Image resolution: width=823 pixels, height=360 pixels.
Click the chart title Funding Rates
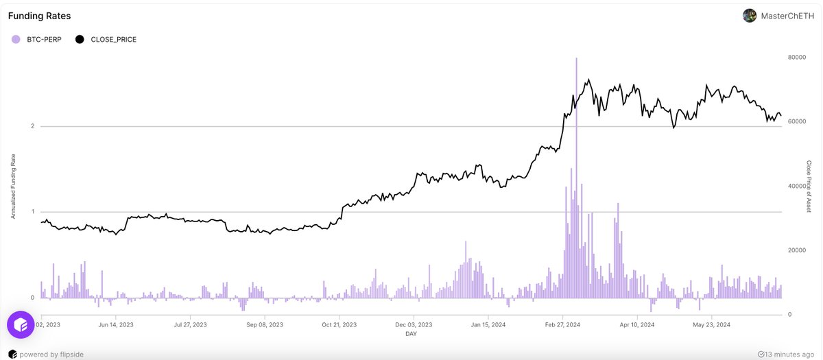(39, 16)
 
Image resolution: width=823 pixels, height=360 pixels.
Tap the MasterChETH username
(788, 16)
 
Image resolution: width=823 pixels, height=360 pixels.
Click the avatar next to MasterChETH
(750, 16)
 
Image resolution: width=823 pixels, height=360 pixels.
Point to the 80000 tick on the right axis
(796, 58)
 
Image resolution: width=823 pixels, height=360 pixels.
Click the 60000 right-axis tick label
(796, 122)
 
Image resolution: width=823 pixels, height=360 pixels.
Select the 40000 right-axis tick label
(796, 187)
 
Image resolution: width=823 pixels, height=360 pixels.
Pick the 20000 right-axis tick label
(796, 251)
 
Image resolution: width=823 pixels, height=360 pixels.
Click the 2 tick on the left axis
(32, 127)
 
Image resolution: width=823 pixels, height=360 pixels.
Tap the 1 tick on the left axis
(32, 212)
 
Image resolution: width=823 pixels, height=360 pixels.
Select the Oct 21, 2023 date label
(339, 325)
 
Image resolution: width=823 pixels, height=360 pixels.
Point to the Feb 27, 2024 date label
(563, 325)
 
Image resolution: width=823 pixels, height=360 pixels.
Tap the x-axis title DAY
(411, 335)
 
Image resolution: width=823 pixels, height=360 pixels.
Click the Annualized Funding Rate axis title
(13, 186)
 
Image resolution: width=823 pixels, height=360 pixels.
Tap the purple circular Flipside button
(21, 324)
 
